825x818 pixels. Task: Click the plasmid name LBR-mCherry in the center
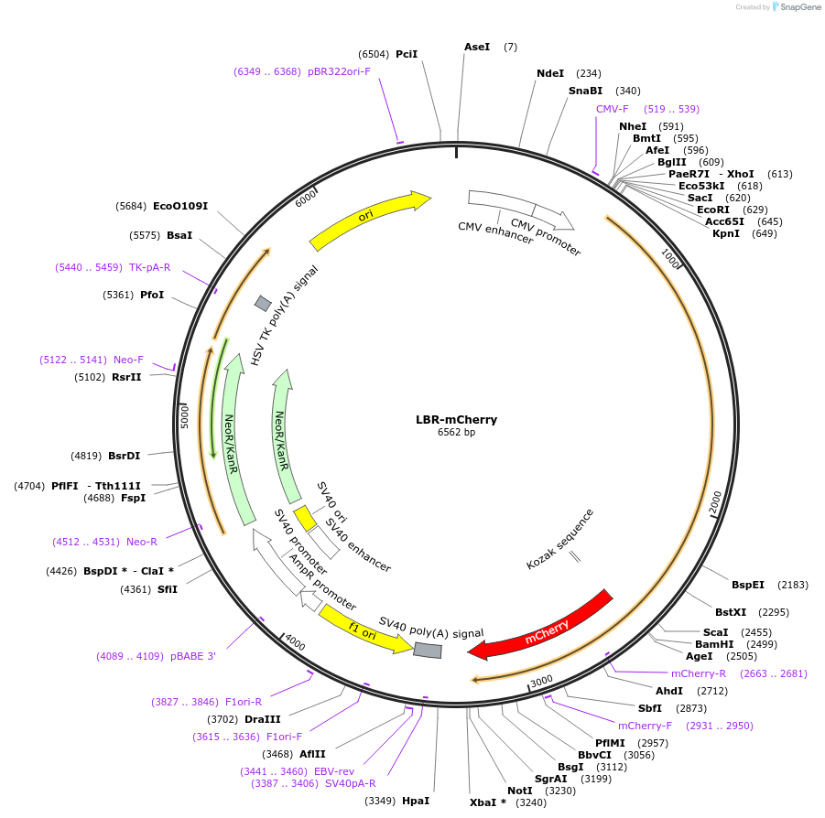pyautogui.click(x=456, y=420)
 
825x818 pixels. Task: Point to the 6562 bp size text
pyautogui.click(x=456, y=433)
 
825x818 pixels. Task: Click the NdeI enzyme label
pyautogui.click(x=550, y=73)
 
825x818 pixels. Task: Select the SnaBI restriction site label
pyautogui.click(x=585, y=91)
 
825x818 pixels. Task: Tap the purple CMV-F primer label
pyautogui.click(x=612, y=109)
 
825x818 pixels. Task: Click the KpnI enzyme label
pyautogui.click(x=726, y=233)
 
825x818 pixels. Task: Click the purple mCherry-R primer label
pyautogui.click(x=698, y=673)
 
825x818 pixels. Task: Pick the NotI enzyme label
pyautogui.click(x=519, y=791)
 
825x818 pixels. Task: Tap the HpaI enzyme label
pyautogui.click(x=415, y=801)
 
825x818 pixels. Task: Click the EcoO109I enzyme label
pyautogui.click(x=180, y=206)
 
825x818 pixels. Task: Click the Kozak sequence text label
pyautogui.click(x=559, y=540)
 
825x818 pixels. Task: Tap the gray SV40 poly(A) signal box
pyautogui.click(x=428, y=650)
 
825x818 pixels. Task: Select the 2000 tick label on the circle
pyautogui.click(x=715, y=503)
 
